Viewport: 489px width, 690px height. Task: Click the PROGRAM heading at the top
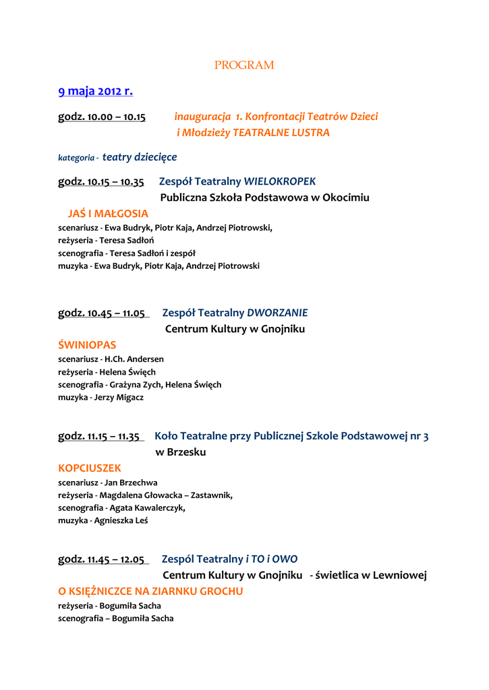click(244, 65)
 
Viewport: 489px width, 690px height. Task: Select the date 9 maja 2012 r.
click(95, 91)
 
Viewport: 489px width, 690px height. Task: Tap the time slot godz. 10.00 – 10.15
click(102, 117)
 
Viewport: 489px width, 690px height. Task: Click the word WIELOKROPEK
click(279, 181)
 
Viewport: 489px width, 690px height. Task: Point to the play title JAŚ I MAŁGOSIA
click(108, 214)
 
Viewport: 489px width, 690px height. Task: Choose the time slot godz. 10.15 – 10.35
click(101, 182)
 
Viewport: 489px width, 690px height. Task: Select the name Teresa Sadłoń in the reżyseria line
click(127, 241)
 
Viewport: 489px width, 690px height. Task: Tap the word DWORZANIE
click(277, 313)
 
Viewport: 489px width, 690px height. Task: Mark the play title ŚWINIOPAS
click(87, 345)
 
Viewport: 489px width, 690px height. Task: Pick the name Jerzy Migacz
click(119, 398)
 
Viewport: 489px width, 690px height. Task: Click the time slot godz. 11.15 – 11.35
click(99, 437)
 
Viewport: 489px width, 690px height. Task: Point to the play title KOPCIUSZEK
click(90, 468)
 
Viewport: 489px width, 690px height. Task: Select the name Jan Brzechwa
click(131, 482)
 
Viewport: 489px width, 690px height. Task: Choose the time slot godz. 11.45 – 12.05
click(102, 559)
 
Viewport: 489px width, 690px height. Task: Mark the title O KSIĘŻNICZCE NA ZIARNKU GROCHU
click(150, 591)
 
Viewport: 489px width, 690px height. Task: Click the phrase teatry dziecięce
click(140, 157)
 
